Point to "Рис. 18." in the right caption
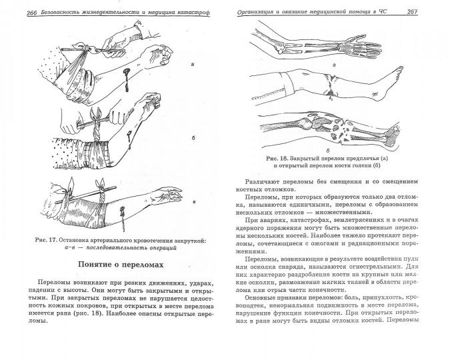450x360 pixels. [x=277, y=159]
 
